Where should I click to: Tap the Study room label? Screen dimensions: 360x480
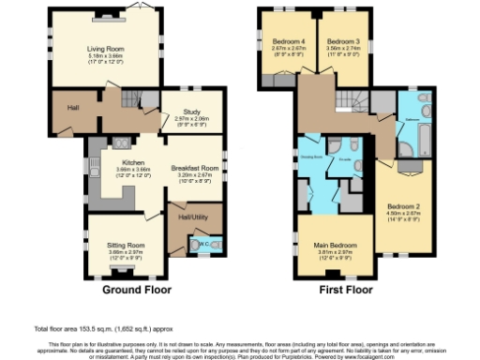191,112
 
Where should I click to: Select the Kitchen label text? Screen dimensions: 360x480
118,162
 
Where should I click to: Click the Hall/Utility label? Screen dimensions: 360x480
192,217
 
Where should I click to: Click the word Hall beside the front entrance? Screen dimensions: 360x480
72,108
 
